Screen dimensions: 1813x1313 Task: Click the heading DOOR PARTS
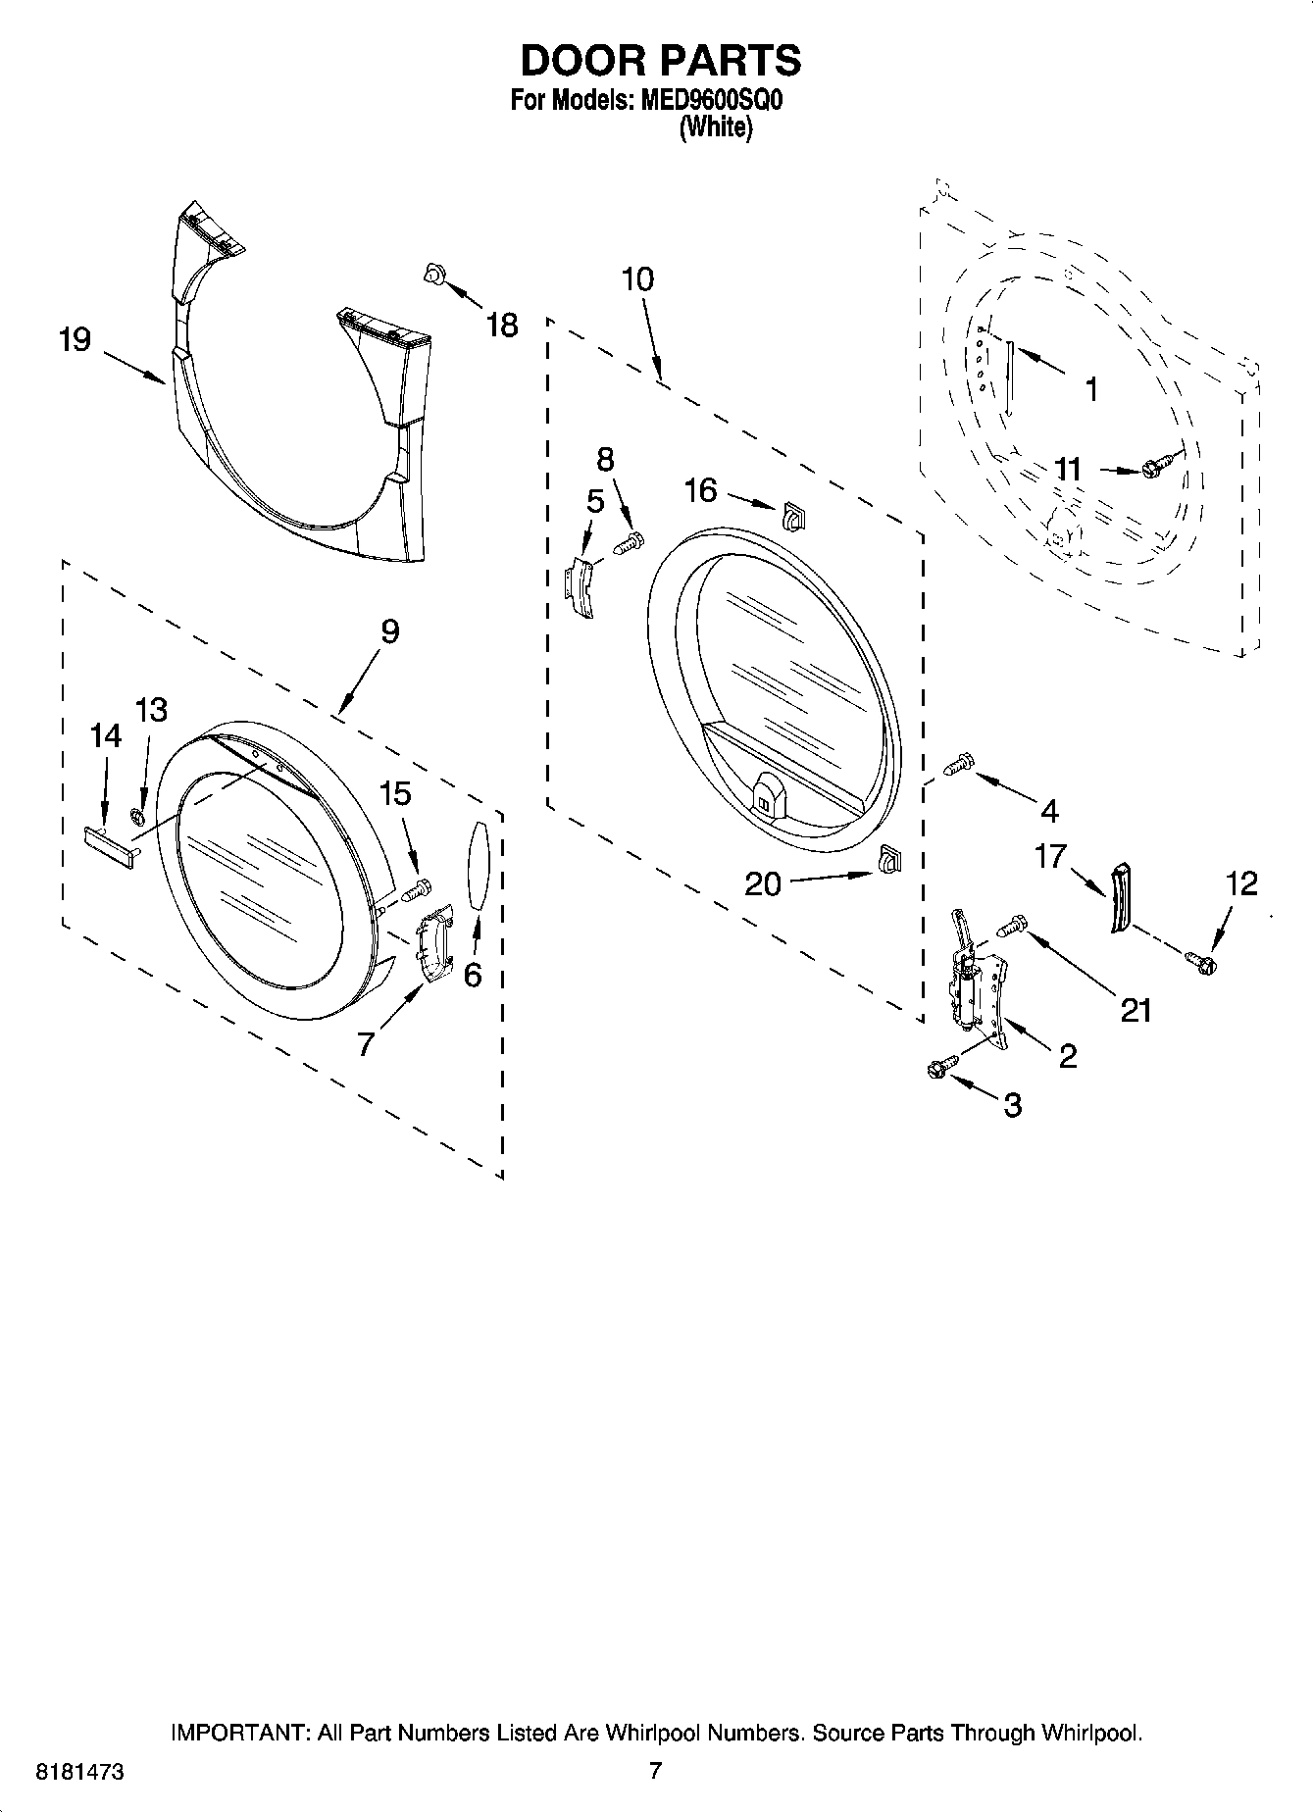tap(660, 61)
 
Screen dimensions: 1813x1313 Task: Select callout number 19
tap(75, 340)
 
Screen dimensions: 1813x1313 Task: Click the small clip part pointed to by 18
tap(432, 276)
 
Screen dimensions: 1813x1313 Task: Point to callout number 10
tap(637, 279)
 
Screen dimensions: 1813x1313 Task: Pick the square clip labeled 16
tap(792, 516)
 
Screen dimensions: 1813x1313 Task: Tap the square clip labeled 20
tap(889, 859)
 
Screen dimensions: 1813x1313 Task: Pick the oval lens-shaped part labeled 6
tap(478, 866)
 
